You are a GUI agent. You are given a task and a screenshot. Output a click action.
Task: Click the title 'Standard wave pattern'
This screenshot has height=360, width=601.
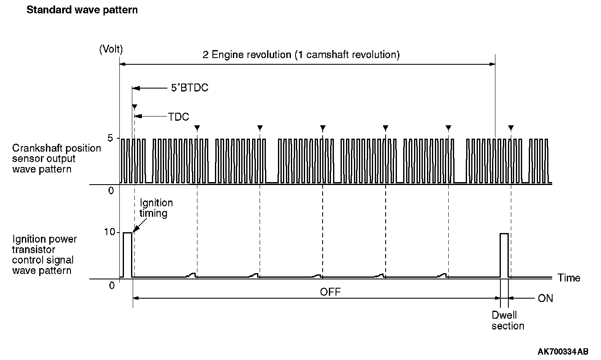[82, 10]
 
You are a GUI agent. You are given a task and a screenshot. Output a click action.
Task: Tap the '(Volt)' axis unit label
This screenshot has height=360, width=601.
[111, 49]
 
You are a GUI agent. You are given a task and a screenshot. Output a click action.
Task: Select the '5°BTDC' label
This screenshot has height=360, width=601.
[189, 88]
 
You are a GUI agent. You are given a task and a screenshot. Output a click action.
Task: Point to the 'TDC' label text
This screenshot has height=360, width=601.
[179, 117]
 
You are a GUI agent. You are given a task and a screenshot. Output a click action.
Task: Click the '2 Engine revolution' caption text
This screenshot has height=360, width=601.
[301, 55]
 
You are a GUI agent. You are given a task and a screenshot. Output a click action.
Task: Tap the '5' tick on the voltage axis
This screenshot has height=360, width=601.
[110, 138]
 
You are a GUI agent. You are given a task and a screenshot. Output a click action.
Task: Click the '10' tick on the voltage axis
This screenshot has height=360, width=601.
[109, 232]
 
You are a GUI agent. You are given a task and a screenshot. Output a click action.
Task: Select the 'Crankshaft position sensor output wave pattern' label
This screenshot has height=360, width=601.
[56, 159]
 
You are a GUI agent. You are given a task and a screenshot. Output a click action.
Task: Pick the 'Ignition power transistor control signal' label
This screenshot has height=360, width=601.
[45, 255]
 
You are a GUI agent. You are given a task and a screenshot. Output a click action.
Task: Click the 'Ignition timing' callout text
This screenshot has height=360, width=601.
[156, 208]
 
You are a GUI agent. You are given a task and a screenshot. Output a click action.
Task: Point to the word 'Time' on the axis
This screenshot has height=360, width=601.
[569, 278]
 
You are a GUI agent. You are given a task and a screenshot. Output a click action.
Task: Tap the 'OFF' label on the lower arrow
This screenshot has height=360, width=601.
[330, 292]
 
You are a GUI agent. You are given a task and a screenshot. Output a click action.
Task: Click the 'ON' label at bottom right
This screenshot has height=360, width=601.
[545, 298]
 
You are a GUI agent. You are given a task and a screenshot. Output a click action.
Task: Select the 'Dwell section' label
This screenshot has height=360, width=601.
[507, 321]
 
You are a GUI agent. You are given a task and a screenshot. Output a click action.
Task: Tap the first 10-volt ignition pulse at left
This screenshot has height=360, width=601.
[127, 254]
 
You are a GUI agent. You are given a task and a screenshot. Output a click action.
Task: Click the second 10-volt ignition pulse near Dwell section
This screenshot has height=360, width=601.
[504, 255]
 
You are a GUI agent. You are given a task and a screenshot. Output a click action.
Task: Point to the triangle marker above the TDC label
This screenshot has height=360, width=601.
[134, 107]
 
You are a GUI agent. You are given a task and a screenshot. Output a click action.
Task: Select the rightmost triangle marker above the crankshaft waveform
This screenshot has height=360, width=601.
[511, 127]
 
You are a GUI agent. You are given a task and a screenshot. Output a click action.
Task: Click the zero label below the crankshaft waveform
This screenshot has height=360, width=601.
[111, 190]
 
